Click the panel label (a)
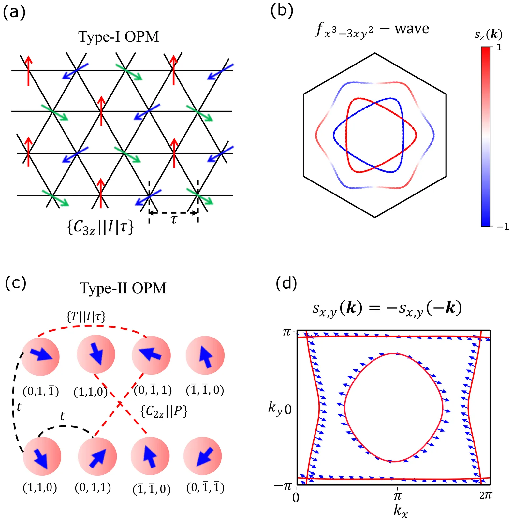coord(14,13)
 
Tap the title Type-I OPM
coord(119,37)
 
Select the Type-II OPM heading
coord(123,288)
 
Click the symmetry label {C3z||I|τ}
coord(100,227)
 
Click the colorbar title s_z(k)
coord(488,34)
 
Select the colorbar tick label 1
coord(499,48)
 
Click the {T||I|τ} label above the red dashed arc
coord(86,316)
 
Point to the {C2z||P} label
coord(164,411)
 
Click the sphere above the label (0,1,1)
coord(97,456)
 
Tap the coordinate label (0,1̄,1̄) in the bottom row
coord(205,488)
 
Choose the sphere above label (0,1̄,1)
coord(151,355)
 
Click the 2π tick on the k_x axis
coord(486,495)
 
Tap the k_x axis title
coord(401,510)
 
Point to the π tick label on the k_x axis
coord(397,496)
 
